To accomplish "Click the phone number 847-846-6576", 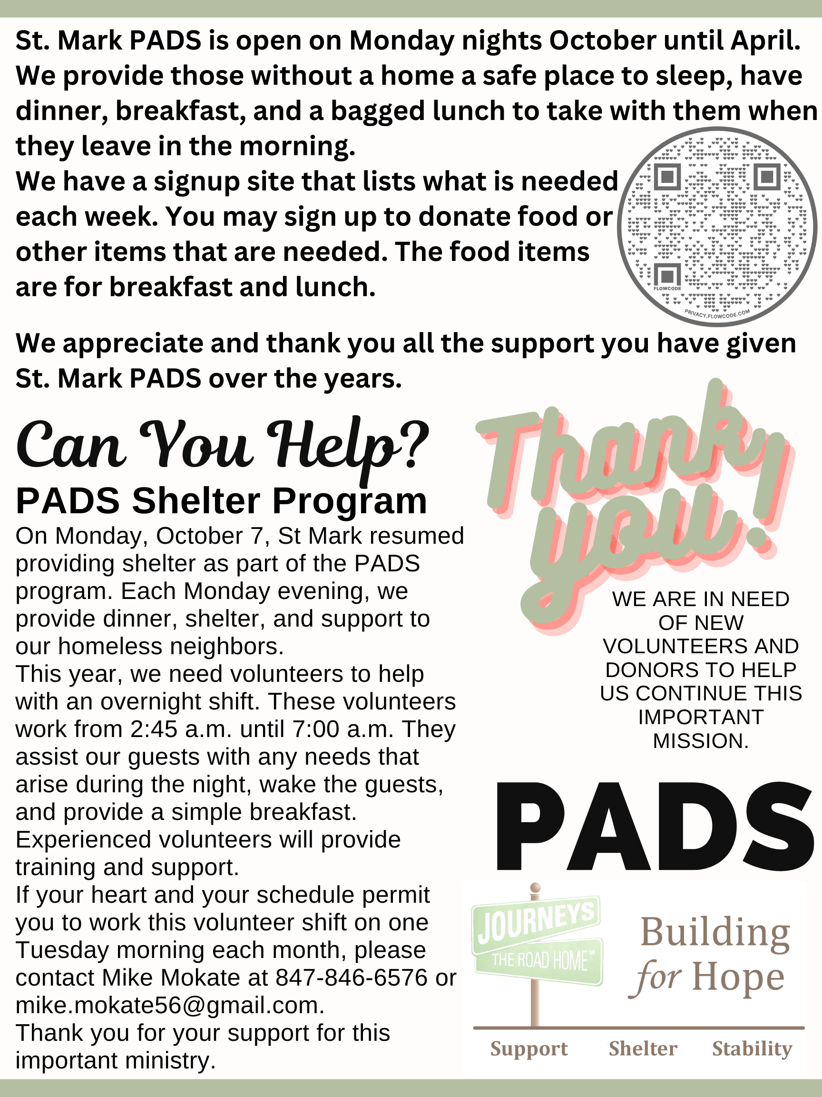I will coord(351,978).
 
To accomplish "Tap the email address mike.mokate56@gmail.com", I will coord(169,1005).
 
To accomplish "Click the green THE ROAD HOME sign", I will coord(539,961).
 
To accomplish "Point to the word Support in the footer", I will coord(528,1049).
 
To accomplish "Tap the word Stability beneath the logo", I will coord(752,1048).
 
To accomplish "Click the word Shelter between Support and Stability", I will coord(643,1048).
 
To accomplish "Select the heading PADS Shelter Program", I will coord(221,501).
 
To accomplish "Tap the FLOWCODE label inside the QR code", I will coord(667,289).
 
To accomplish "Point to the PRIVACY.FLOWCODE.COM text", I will coord(717,314).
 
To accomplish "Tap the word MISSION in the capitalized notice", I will coord(701,741).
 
